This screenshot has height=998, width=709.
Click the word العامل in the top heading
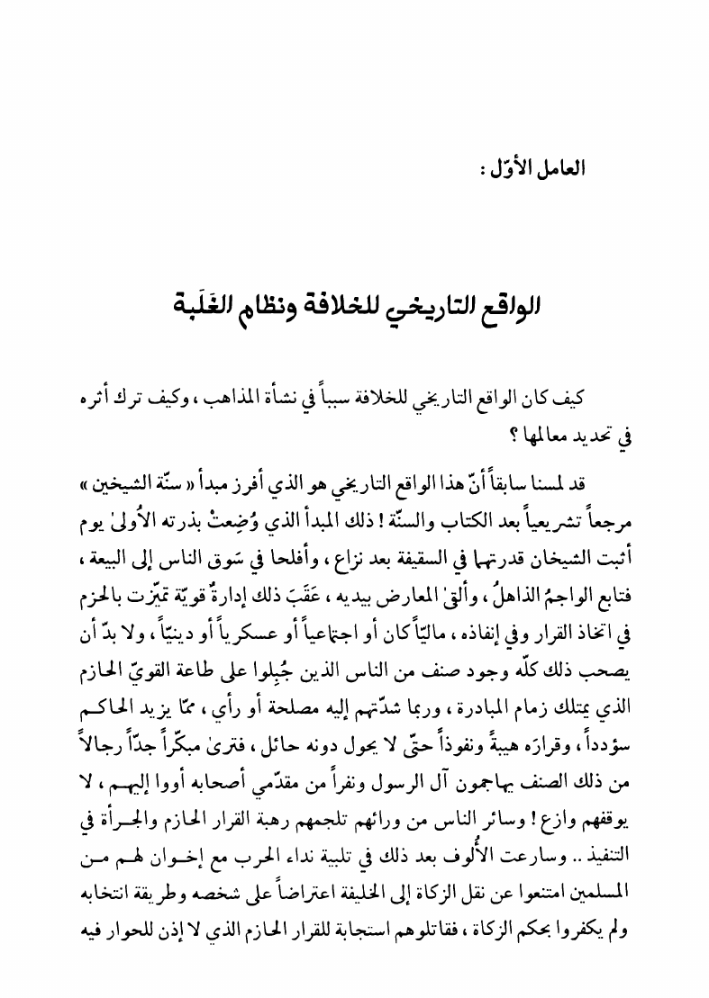coord(560,168)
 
